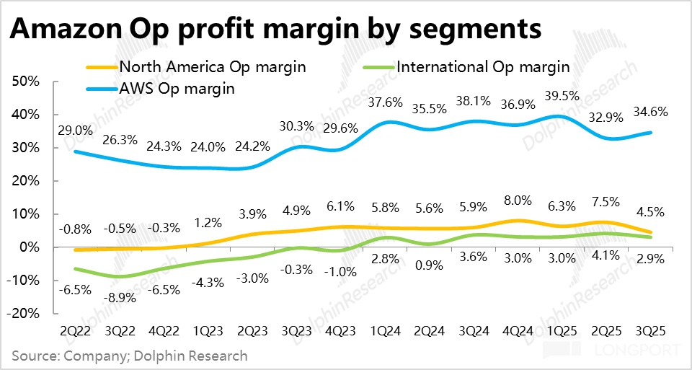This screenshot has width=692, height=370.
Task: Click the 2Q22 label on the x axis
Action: coord(74,330)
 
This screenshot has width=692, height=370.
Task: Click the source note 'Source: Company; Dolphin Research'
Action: coord(130,356)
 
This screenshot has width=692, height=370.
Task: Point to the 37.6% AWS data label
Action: coord(385,102)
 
